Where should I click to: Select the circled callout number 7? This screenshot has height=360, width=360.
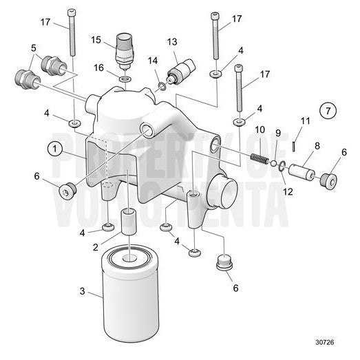[328, 110]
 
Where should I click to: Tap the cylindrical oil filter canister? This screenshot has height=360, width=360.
[129, 292]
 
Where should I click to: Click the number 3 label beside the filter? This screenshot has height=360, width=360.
[83, 292]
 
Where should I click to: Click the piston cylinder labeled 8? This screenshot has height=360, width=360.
[302, 170]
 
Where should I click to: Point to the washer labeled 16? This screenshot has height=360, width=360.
[124, 80]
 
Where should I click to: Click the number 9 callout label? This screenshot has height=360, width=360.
[278, 133]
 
